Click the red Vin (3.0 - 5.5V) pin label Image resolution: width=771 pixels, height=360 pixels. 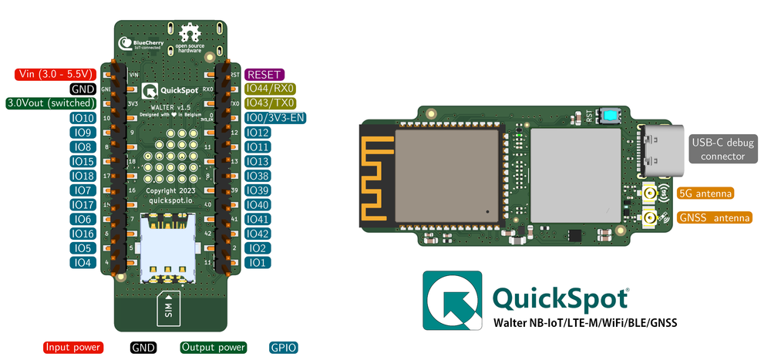[x=54, y=75]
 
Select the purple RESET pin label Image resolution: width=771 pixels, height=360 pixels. [x=264, y=75]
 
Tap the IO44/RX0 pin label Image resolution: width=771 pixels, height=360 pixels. [x=270, y=89]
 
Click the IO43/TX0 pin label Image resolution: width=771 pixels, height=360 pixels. [x=270, y=103]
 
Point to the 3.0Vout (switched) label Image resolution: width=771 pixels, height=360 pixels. [x=49, y=103]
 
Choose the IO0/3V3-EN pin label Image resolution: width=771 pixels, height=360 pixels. [x=275, y=118]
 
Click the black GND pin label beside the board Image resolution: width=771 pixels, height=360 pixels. [x=82, y=89]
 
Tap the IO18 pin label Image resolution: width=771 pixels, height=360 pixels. [x=82, y=176]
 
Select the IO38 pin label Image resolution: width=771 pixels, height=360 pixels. [x=258, y=176]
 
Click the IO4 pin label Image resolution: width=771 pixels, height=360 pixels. [x=82, y=263]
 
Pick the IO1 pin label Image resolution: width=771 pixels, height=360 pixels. [x=258, y=263]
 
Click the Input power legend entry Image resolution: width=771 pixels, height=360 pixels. [x=73, y=348]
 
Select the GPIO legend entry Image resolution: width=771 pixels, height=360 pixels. [x=283, y=348]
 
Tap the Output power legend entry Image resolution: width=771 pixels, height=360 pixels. [x=214, y=348]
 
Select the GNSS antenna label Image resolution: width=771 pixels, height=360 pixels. [x=715, y=218]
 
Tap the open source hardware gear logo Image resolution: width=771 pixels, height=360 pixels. [x=188, y=35]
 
